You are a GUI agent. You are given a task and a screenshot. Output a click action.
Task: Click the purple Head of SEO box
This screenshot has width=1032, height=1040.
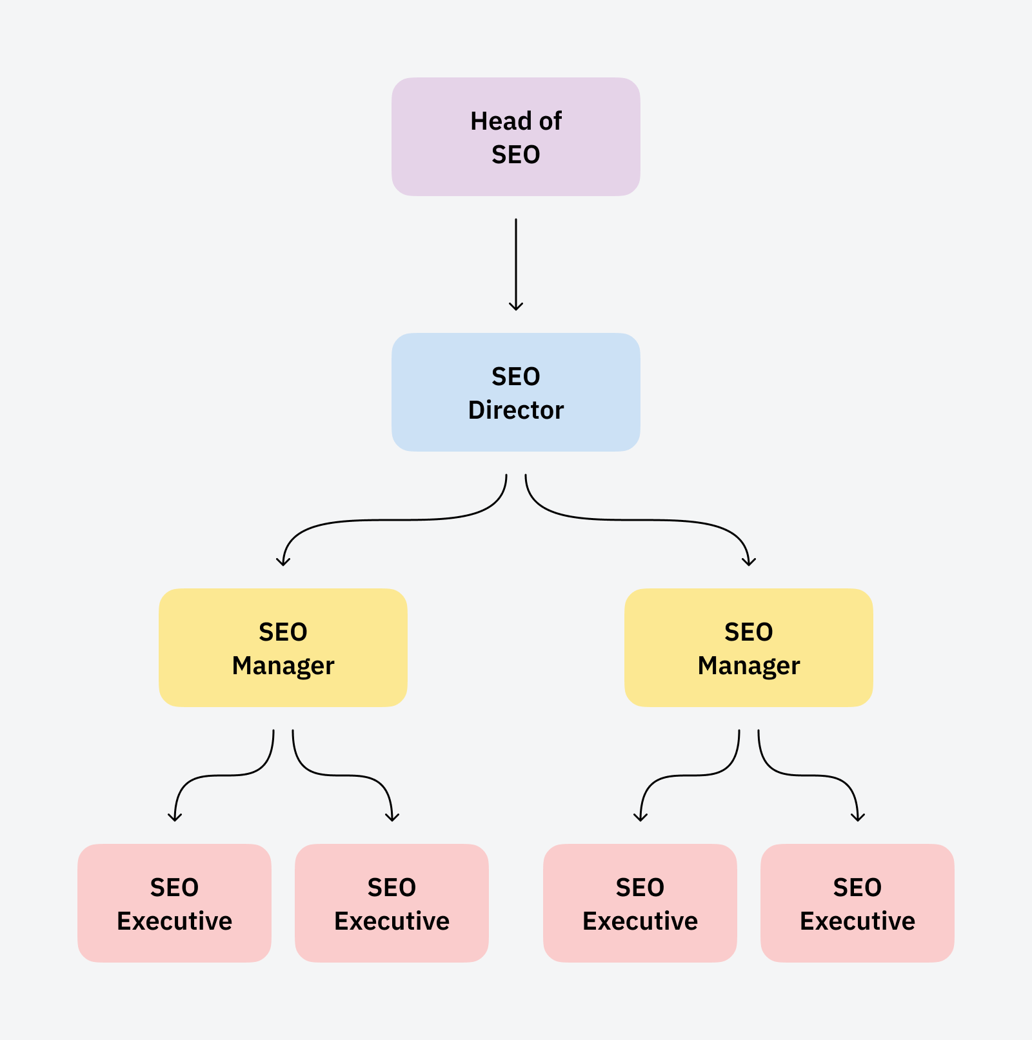[x=515, y=137]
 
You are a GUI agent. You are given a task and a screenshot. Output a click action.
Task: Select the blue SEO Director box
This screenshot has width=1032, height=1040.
[x=515, y=392]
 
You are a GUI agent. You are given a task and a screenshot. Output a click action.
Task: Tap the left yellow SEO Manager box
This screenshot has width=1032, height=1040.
[x=283, y=648]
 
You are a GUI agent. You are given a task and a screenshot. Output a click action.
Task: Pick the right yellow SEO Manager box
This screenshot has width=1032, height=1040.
[x=748, y=648]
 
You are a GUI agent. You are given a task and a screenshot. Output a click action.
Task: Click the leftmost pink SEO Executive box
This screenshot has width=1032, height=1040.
[x=174, y=903]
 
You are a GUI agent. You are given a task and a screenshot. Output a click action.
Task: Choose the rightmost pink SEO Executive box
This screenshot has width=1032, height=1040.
[x=857, y=903]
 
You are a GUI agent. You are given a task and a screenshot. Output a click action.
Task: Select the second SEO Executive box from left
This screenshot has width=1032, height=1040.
[x=392, y=903]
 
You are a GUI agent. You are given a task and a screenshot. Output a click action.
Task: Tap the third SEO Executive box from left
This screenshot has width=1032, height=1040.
[x=640, y=903]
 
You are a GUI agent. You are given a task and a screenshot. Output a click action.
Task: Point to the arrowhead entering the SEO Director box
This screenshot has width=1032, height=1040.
[x=516, y=306]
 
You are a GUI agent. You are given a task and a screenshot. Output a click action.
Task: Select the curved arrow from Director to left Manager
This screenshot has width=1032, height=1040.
[x=387, y=520]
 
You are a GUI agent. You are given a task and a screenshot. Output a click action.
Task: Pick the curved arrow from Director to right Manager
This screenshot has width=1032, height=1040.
[x=645, y=520]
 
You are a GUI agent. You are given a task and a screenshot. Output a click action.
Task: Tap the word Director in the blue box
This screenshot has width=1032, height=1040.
[x=516, y=410]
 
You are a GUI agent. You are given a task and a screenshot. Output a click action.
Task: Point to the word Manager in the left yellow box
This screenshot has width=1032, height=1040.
[x=283, y=666]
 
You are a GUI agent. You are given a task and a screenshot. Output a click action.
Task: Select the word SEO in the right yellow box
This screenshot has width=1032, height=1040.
[x=748, y=632]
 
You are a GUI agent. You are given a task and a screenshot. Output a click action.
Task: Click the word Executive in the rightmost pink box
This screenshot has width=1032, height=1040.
[x=857, y=921]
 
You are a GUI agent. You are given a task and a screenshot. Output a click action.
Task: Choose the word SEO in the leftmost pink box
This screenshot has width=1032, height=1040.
[x=174, y=888]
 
